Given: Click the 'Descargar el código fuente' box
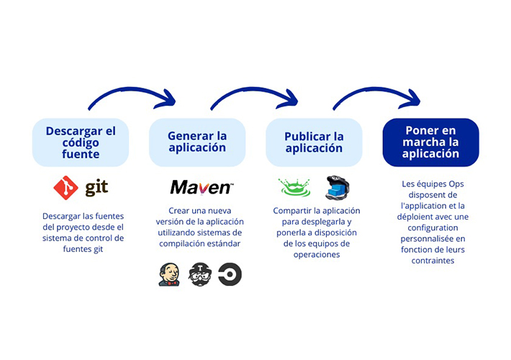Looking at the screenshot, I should [x=81, y=143].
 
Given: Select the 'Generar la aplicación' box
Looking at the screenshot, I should [x=197, y=142].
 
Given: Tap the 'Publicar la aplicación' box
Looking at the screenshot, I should [x=314, y=143].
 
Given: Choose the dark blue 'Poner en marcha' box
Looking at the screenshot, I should [x=430, y=143].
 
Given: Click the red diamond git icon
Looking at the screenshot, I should [x=65, y=188].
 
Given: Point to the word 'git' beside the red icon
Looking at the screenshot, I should [x=96, y=188].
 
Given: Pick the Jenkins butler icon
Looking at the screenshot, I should [x=169, y=274].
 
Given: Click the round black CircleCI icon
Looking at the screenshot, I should [x=230, y=274].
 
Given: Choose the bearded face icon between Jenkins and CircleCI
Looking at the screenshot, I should [x=199, y=274].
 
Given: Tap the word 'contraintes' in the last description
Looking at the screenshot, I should [x=430, y=260].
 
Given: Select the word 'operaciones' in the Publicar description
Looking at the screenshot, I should [x=313, y=254].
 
